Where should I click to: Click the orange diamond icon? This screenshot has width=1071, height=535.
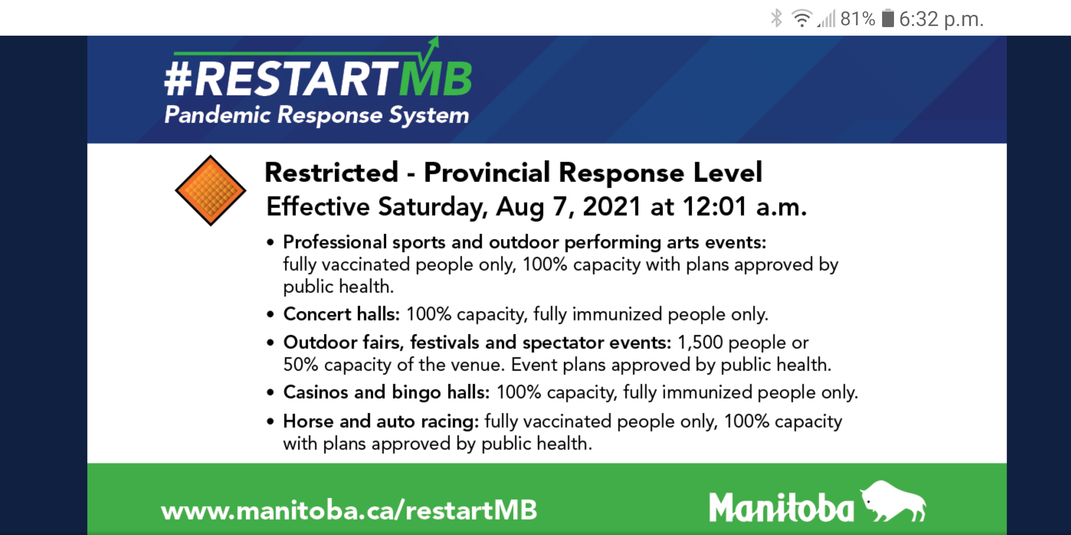tap(210, 191)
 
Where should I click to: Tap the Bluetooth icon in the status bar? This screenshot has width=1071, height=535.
tap(776, 18)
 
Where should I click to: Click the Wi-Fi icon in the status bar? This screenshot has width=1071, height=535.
tap(802, 18)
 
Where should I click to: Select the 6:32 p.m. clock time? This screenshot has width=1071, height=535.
tap(941, 19)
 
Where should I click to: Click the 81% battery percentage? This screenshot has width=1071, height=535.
tap(857, 19)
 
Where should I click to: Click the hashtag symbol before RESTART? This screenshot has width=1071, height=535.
tap(178, 79)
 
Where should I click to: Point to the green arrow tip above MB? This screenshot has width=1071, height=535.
tap(437, 38)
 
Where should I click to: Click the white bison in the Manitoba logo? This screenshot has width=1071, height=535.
tap(892, 500)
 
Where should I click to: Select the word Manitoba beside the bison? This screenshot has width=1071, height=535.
tap(781, 507)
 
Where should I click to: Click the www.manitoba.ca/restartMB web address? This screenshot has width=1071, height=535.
tap(349, 510)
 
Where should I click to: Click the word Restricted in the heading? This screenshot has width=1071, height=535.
tap(331, 172)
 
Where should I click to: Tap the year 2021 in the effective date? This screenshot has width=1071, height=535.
tap(611, 207)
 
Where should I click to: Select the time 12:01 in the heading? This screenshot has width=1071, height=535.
tap(715, 207)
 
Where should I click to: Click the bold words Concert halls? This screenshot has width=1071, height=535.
tap(341, 314)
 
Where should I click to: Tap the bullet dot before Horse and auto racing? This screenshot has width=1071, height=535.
tap(271, 422)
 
